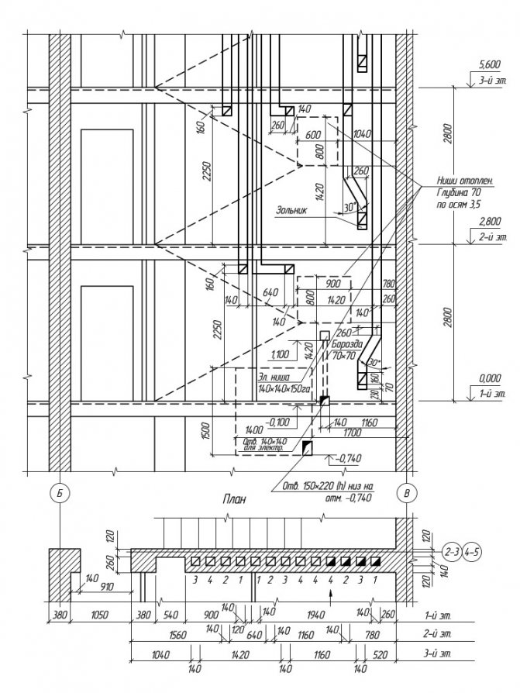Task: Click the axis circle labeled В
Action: point(404,493)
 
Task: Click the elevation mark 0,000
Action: point(491,378)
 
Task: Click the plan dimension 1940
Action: point(317,614)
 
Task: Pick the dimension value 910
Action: point(102,587)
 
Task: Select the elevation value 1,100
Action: point(280,353)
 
